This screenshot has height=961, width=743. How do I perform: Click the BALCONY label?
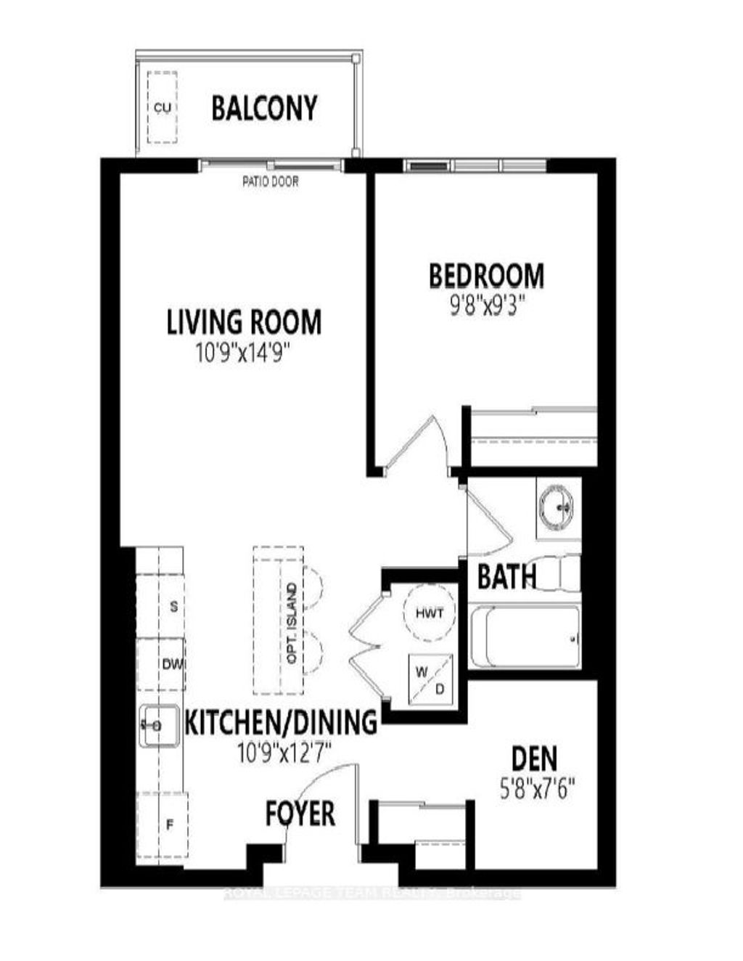point(264,108)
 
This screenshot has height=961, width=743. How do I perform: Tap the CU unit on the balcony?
point(163,107)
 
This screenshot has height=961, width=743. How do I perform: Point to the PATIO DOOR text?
point(270,181)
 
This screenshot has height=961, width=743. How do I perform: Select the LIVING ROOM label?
point(244,322)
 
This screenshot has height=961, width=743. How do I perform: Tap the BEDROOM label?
point(486,277)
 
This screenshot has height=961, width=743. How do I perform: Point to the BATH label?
point(506,577)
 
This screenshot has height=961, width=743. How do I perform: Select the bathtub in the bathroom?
point(525,637)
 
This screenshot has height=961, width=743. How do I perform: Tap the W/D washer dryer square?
point(429,679)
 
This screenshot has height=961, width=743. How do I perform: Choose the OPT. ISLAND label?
point(292,623)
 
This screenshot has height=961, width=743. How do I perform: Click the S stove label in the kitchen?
point(173,607)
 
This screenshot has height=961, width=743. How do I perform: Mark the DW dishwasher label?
point(171,663)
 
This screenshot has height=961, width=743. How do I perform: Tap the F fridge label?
point(170,825)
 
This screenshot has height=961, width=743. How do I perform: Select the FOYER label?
point(300,814)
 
